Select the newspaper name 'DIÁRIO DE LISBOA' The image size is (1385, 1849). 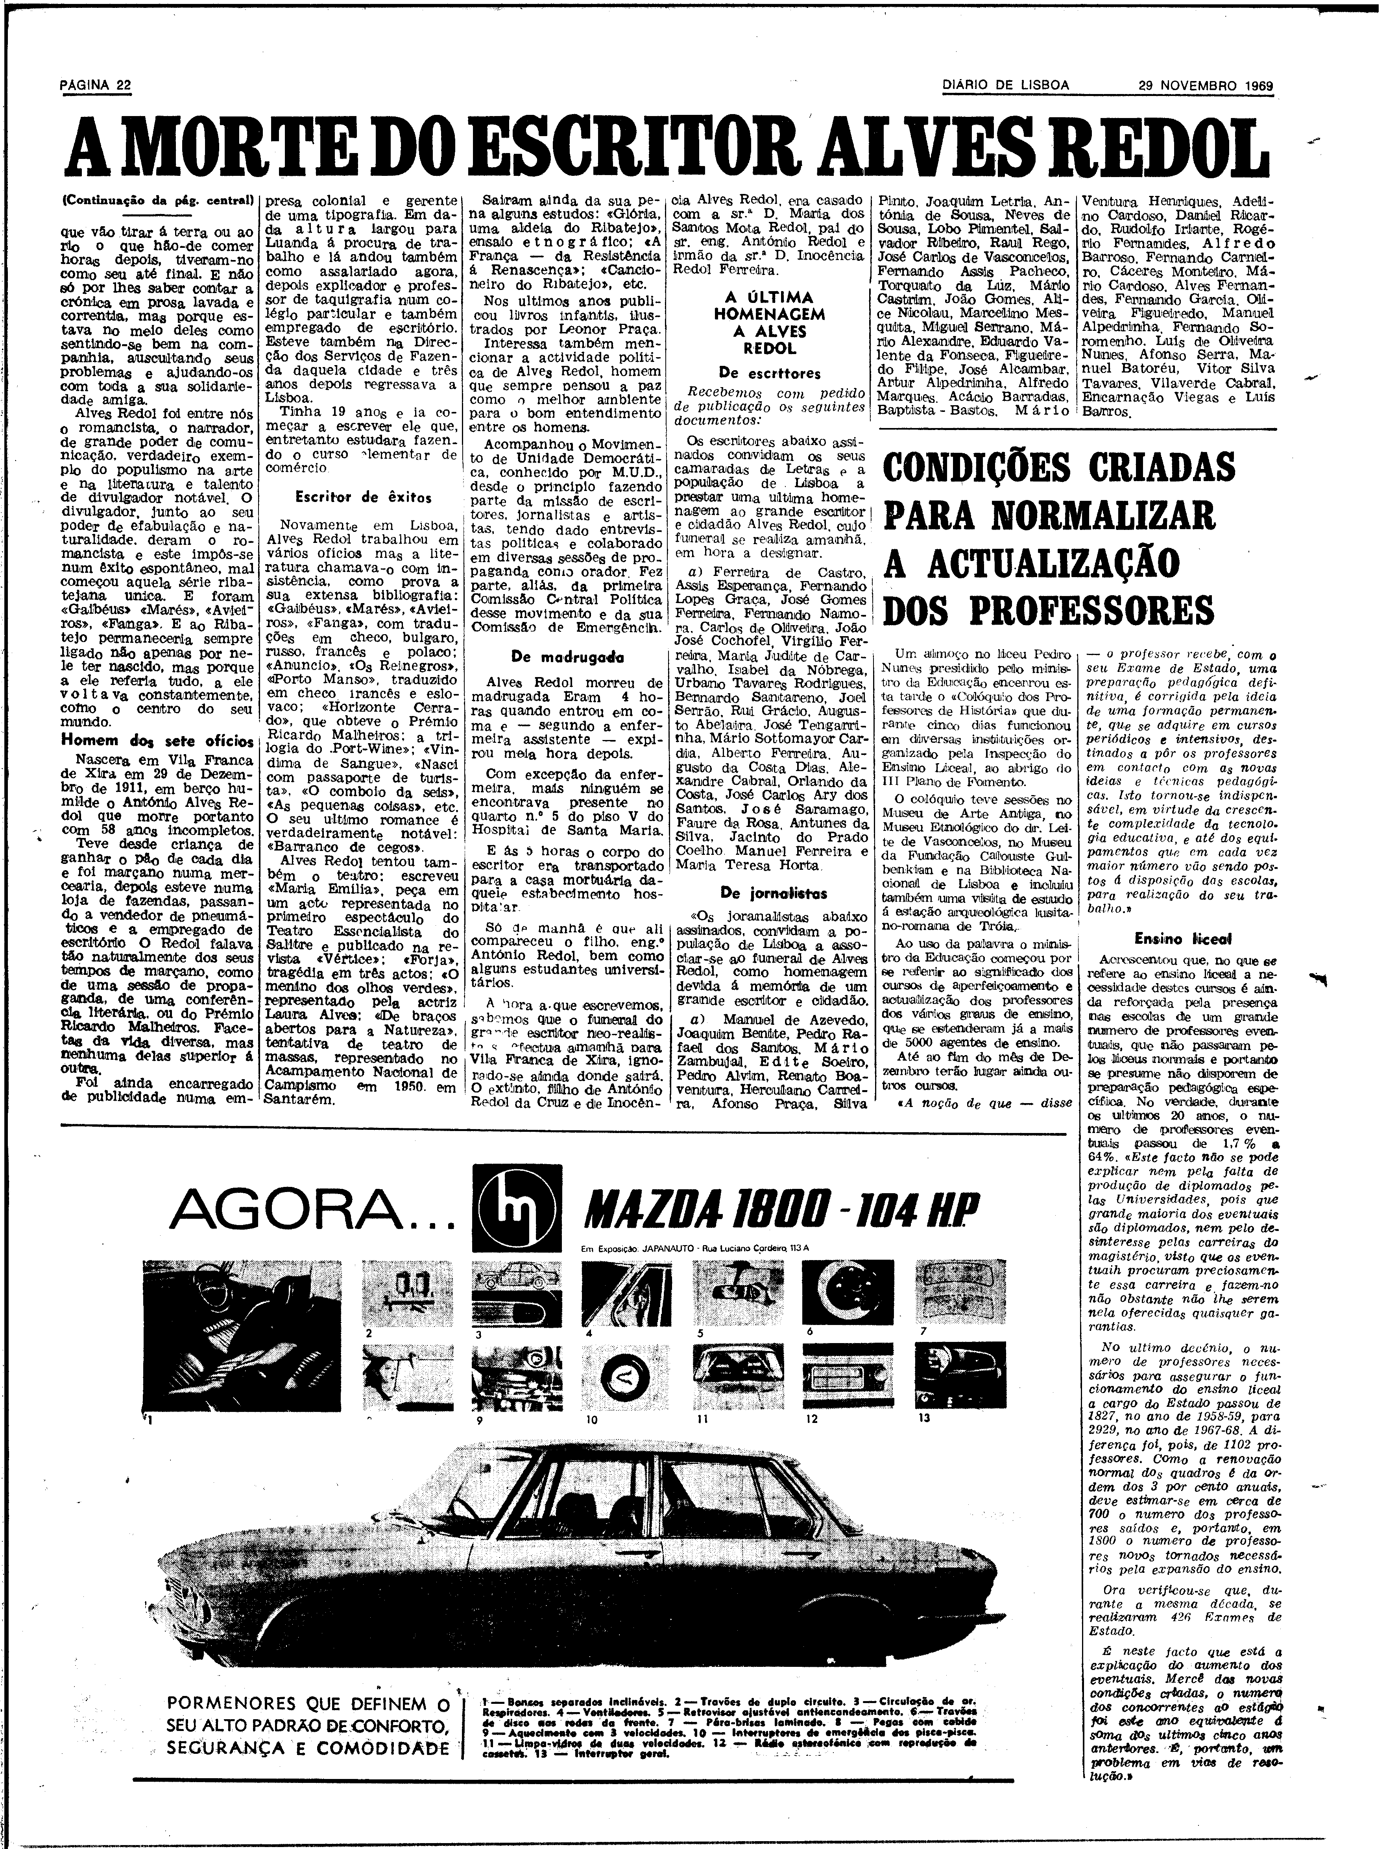pos(1006,85)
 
